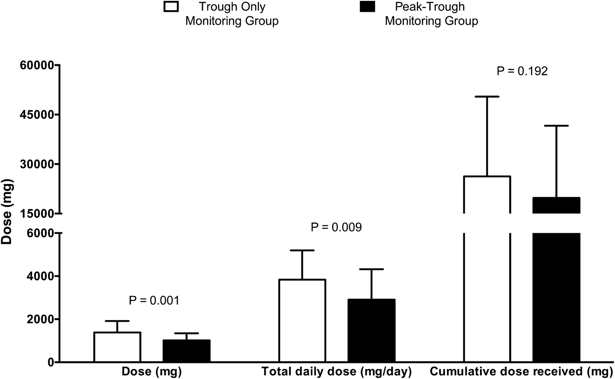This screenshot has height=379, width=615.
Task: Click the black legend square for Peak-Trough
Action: (x=367, y=7)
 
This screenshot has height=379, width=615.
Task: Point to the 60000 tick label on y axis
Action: (x=37, y=65)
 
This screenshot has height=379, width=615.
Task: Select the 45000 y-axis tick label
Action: (x=37, y=115)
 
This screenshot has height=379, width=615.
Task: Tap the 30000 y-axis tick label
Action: (x=37, y=164)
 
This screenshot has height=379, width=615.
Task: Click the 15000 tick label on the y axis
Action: (x=37, y=213)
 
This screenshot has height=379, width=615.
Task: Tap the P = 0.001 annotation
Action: (x=154, y=301)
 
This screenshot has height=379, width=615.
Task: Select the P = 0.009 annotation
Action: (x=336, y=227)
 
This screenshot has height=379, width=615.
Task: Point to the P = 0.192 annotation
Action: (x=522, y=71)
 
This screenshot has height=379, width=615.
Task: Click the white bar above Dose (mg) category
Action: (x=117, y=347)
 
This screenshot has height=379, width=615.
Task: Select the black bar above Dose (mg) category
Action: (x=187, y=351)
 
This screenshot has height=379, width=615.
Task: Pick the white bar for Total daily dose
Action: (x=302, y=321)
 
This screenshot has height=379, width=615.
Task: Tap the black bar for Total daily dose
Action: (x=371, y=331)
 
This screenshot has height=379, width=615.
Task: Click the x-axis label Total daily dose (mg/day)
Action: (x=336, y=372)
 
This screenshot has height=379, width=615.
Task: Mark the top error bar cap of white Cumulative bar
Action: (x=487, y=97)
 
